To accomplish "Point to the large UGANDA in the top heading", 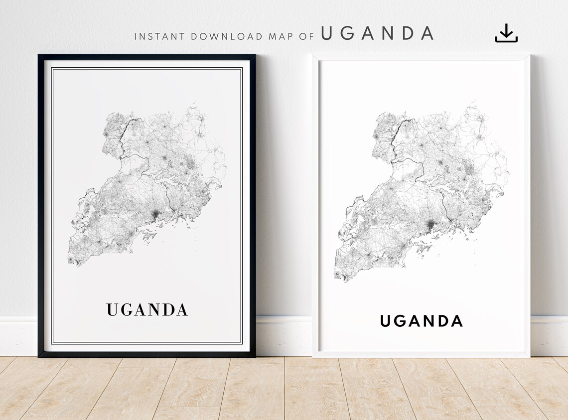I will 377,33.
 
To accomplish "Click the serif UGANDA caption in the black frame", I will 147,309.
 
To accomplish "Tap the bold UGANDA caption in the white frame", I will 422,321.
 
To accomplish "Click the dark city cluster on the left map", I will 155,215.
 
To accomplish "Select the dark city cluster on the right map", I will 430,227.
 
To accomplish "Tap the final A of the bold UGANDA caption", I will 456,321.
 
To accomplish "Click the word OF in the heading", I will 307,36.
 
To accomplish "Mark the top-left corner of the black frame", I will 39,56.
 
